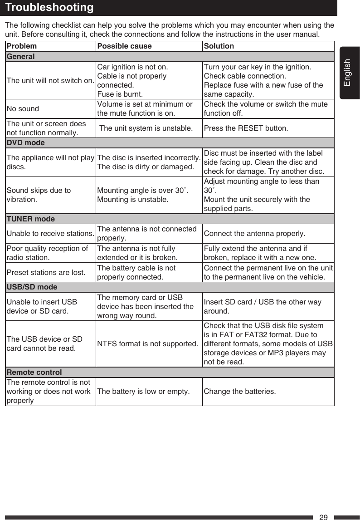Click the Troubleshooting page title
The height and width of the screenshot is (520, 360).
[50, 8]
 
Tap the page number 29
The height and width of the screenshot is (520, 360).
[323, 517]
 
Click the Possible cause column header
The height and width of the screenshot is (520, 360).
[125, 46]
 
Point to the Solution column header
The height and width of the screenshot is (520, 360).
[219, 46]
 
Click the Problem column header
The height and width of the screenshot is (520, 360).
[22, 46]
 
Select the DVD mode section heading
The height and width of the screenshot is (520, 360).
[25, 143]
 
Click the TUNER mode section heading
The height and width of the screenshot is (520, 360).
[30, 219]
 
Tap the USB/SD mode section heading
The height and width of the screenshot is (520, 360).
[32, 287]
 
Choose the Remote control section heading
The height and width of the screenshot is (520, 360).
[34, 373]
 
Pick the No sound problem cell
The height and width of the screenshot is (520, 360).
[23, 109]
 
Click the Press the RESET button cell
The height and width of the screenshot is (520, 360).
[246, 128]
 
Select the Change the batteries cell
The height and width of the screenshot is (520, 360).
[239, 392]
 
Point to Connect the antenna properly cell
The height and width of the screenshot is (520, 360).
[254, 234]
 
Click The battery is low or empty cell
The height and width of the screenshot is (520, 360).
[144, 392]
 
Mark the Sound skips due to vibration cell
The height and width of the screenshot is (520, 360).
[39, 195]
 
